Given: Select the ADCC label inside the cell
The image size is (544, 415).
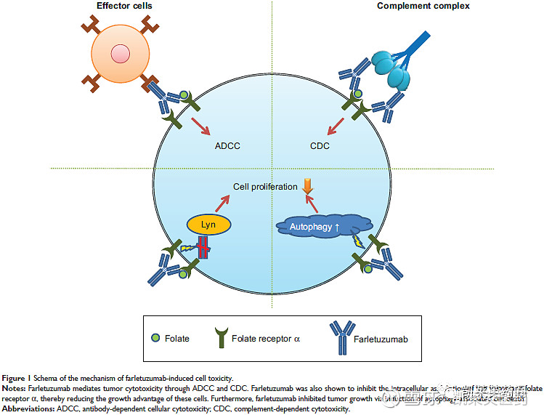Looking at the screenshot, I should click(227, 145).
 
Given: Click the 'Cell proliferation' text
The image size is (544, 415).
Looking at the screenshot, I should click(265, 187).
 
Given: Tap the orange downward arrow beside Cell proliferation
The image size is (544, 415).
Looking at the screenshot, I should click(308, 186).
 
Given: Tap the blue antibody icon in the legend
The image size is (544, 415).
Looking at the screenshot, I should click(338, 337).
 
